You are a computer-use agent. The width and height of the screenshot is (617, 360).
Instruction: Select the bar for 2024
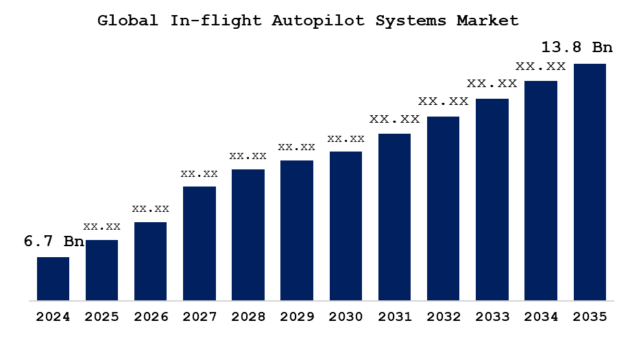53,278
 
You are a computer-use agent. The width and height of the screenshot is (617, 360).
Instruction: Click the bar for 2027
199,243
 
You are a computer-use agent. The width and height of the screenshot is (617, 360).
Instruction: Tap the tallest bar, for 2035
590,182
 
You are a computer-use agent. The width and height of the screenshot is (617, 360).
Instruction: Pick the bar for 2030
346,226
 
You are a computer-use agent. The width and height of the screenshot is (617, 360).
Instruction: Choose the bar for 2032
443,208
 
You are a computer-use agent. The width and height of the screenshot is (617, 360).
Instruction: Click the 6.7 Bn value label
53,241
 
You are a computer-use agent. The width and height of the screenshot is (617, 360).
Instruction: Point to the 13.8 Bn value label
577,47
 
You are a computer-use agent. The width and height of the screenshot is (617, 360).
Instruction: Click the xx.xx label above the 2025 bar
101,226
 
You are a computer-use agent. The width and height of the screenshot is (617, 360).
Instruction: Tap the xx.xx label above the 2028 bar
247,156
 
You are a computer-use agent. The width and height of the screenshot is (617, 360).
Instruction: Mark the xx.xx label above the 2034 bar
540,67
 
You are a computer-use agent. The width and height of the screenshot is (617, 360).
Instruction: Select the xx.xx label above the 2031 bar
394,119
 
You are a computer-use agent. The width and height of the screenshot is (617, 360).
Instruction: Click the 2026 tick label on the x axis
150,317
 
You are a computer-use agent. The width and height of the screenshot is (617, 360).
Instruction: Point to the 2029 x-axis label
297,317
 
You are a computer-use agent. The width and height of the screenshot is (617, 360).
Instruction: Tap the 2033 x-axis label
492,317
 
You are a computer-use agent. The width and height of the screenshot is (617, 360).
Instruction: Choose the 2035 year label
590,317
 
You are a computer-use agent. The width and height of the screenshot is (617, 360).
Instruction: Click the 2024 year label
53,317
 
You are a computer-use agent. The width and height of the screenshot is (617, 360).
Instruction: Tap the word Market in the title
487,21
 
